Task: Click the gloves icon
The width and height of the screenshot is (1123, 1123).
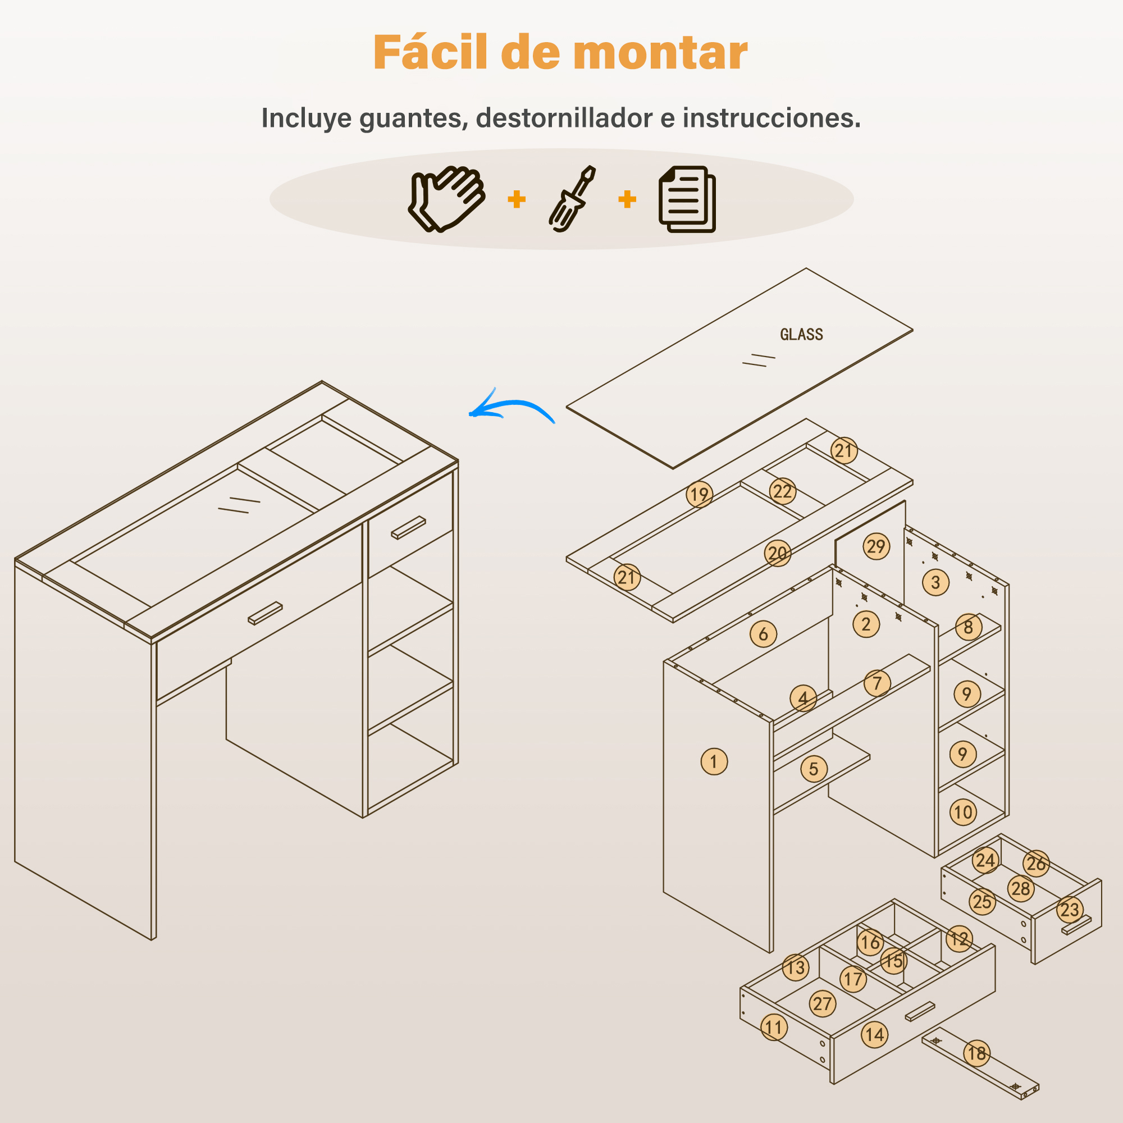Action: (446, 199)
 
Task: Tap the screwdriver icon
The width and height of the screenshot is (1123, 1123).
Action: (572, 199)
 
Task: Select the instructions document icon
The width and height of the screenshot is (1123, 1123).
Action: (687, 199)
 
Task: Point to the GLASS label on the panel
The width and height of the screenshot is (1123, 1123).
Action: (802, 334)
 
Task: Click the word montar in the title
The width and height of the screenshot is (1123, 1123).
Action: (660, 53)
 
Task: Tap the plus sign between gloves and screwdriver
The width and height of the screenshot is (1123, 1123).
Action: (517, 199)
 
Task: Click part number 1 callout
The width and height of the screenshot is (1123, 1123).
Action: (714, 761)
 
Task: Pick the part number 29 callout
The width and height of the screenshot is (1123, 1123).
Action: (876, 546)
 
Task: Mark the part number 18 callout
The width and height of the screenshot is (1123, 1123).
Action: (977, 1053)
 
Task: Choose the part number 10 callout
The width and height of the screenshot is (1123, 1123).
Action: (963, 812)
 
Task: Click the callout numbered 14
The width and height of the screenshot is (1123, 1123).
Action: (875, 1035)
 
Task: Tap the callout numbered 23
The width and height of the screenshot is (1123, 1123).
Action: (1070, 910)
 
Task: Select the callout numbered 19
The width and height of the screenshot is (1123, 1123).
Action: (699, 495)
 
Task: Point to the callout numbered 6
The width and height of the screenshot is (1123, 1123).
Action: (763, 634)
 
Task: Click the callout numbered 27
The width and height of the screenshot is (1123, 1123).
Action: (823, 1004)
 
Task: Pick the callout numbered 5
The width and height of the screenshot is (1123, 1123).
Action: (814, 769)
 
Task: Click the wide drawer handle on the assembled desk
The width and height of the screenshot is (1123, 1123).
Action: (265, 613)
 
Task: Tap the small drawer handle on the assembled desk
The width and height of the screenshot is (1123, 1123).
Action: (408, 528)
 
